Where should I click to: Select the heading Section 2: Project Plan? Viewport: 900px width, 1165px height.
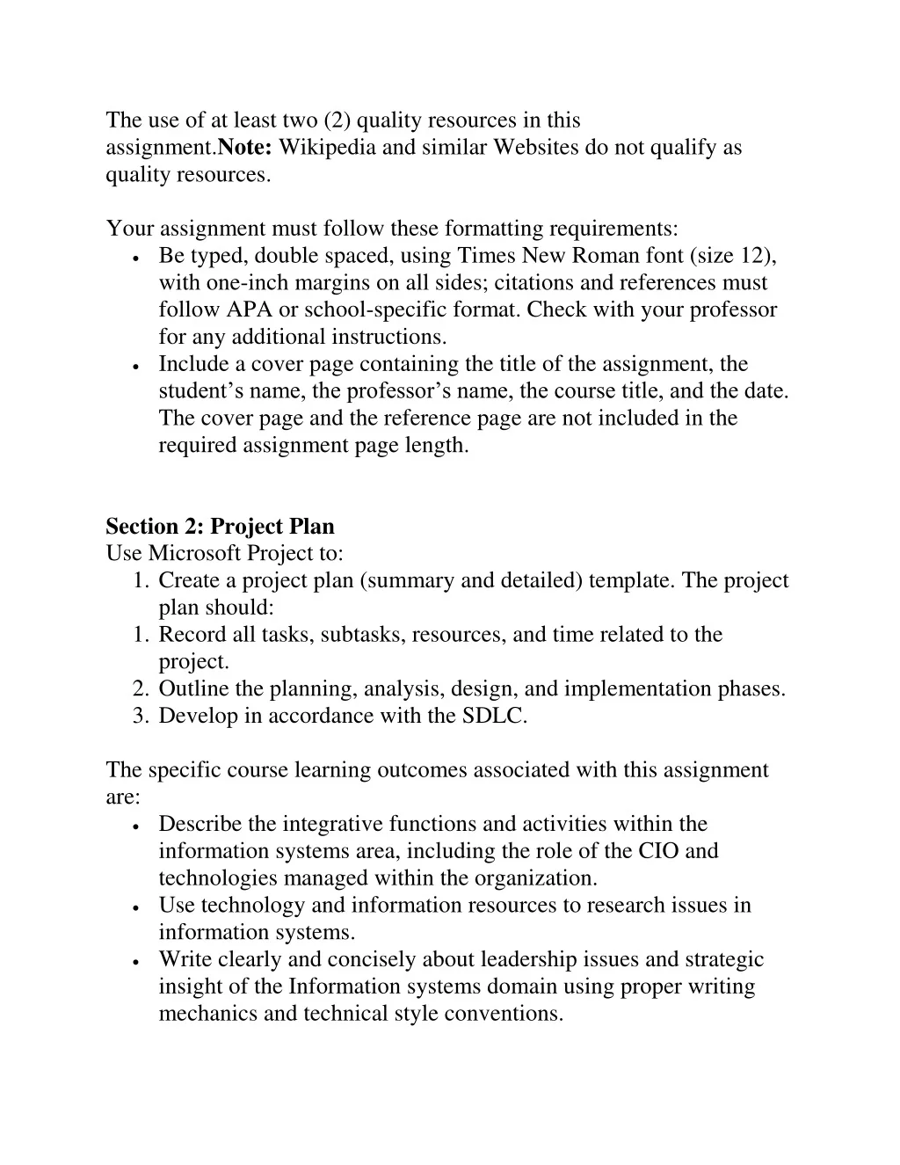click(x=220, y=527)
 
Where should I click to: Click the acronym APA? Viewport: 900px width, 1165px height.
click(x=250, y=310)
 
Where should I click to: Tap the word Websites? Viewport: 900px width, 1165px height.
click(x=535, y=147)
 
